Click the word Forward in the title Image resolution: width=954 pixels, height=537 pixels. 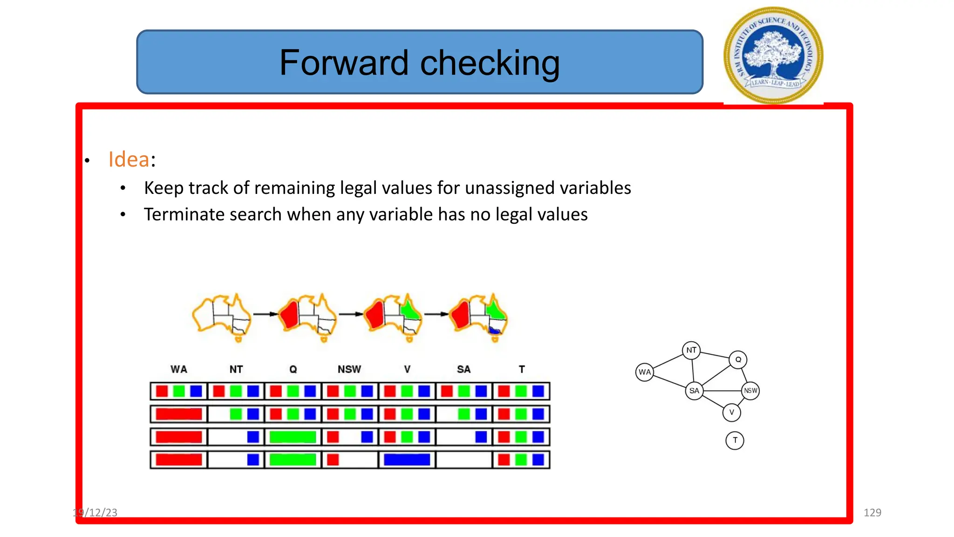point(344,63)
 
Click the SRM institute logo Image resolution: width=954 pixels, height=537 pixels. point(773,55)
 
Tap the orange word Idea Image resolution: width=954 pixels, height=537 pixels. point(129,159)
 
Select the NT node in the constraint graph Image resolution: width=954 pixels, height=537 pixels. point(691,350)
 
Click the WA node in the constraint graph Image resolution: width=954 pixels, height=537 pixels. point(645,372)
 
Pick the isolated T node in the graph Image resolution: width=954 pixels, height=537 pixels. point(735,440)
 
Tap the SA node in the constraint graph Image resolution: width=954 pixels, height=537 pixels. point(694,391)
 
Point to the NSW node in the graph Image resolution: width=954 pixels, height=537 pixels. point(750,391)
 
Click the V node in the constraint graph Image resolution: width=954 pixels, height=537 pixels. point(731,412)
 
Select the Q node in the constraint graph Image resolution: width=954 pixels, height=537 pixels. point(738,359)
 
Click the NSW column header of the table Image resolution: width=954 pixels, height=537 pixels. point(349,369)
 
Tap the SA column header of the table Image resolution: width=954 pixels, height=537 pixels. point(463,369)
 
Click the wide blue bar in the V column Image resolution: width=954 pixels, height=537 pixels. point(407,460)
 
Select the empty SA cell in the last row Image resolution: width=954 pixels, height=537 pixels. point(464,460)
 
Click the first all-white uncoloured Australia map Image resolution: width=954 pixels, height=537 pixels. point(222,317)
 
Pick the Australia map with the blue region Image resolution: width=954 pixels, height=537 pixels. point(479,317)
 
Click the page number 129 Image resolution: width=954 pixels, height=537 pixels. point(872,512)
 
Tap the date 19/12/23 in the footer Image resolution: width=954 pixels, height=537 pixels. point(95,512)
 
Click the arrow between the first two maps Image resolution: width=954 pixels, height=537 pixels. point(266,314)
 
